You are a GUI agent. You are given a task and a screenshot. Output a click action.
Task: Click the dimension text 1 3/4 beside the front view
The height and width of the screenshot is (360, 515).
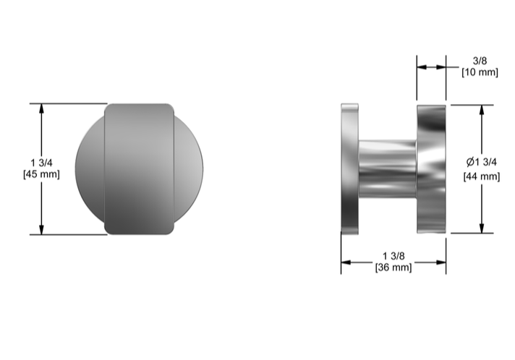[41, 163]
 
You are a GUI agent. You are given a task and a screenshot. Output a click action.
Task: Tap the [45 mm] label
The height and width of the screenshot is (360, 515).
[41, 174]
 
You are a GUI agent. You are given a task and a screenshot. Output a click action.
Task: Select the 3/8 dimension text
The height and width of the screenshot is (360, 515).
[480, 61]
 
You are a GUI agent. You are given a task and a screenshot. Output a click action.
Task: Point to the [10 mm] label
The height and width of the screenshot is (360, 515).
[480, 72]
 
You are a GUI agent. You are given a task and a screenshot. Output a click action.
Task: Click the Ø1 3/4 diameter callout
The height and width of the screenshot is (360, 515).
[482, 162]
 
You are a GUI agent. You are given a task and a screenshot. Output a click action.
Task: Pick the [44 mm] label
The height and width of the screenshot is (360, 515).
[482, 176]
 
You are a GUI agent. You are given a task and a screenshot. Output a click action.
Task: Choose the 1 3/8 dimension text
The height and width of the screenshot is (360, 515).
[393, 256]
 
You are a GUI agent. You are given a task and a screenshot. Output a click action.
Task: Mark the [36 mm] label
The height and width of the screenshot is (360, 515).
[393, 267]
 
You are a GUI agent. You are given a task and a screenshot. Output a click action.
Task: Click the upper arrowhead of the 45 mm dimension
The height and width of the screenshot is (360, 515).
[41, 108]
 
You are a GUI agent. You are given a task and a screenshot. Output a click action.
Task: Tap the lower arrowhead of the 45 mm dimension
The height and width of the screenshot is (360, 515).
[41, 230]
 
